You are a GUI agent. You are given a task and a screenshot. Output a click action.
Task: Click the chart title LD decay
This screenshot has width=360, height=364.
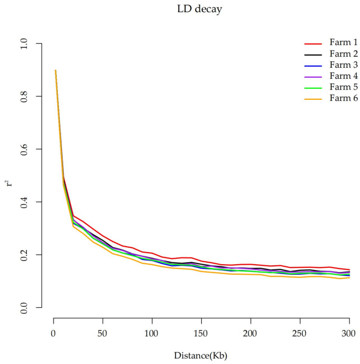tap(202, 9)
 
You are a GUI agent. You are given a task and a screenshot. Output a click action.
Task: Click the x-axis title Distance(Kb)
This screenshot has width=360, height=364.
tap(202, 356)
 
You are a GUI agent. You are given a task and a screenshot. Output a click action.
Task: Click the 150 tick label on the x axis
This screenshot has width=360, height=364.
tap(201, 334)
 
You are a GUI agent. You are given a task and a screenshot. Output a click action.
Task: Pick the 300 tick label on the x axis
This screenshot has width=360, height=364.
tap(349, 334)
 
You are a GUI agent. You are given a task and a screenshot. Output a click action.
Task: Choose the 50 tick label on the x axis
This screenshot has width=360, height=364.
tap(102, 334)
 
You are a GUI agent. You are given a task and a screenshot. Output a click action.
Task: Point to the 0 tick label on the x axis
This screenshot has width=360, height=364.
tap(54, 334)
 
